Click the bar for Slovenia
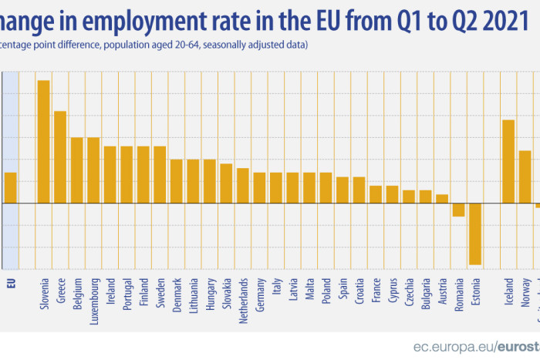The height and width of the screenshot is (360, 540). tap(43, 141)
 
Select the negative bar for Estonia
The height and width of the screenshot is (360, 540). tap(474, 234)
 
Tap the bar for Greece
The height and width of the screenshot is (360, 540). tap(60, 156)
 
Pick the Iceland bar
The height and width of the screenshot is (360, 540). tap(508, 161)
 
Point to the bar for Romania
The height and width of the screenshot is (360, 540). tap(458, 210)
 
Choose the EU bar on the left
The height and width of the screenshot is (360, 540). tap(10, 187)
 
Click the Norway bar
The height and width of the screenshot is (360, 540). tap(525, 177)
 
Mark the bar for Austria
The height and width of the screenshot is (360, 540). tap(441, 199)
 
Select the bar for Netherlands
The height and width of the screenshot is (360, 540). tap(242, 185)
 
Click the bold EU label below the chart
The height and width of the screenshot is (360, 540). tap(11, 282)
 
